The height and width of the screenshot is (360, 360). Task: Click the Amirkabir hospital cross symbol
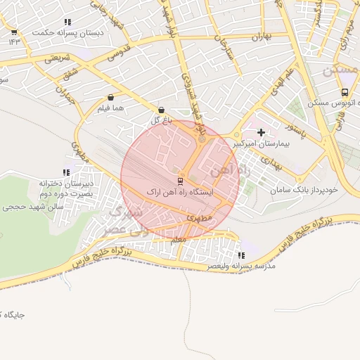(x=262, y=131)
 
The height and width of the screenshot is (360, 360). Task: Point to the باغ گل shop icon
(x=162, y=110)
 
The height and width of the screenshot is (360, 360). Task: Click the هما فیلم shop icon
(x=111, y=98)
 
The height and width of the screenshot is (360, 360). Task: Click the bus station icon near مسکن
(x=345, y=92)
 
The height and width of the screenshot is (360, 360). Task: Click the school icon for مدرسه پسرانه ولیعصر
(x=242, y=256)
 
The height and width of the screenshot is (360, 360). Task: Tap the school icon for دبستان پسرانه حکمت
(x=67, y=22)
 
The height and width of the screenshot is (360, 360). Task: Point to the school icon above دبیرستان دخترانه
(x=66, y=172)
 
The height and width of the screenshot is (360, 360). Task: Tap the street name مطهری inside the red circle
(x=194, y=219)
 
